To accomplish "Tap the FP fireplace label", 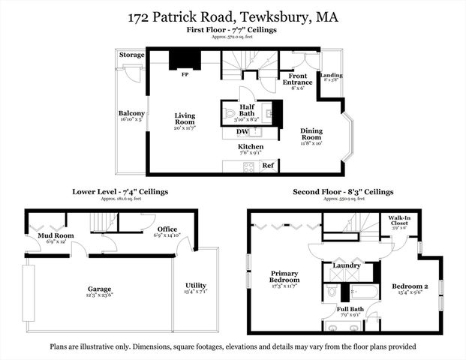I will [x=185, y=74].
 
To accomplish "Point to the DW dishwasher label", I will [x=242, y=132].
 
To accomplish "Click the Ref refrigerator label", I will [x=268, y=164].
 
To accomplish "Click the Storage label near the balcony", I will [x=132, y=55].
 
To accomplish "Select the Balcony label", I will [x=131, y=113].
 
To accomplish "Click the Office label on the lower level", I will [x=167, y=229].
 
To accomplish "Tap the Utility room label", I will [x=195, y=286].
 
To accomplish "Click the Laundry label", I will [x=346, y=265].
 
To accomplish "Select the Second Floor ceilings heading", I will [x=343, y=192].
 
